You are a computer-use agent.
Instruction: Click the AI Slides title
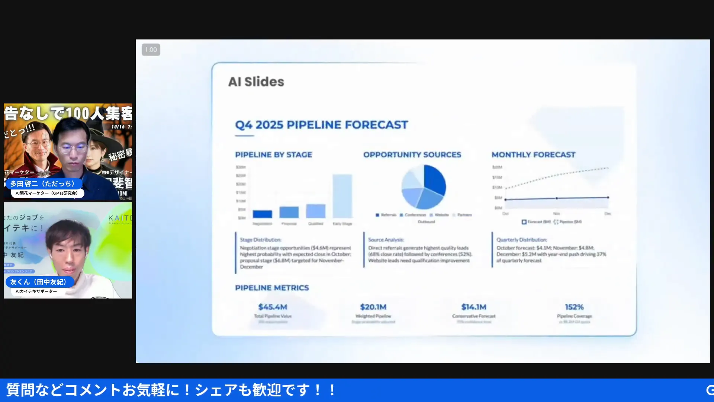(x=256, y=82)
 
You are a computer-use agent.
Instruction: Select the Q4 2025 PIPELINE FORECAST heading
(x=321, y=125)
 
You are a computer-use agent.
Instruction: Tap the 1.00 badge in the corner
(x=151, y=50)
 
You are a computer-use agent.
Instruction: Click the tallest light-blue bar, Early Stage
(x=342, y=196)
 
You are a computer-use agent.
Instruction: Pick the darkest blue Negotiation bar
(x=262, y=214)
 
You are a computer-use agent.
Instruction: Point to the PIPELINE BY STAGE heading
(x=273, y=155)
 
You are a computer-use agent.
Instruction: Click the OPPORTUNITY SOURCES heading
(x=412, y=155)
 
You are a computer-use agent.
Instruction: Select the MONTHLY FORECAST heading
(x=533, y=155)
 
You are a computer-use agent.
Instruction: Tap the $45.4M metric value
(x=273, y=307)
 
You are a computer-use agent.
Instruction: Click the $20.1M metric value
(x=373, y=307)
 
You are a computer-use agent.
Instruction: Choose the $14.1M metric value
(x=474, y=307)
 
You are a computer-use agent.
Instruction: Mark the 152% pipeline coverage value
(x=574, y=307)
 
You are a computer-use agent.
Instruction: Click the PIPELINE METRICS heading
(x=272, y=288)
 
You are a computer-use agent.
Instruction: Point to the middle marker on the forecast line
(x=557, y=198)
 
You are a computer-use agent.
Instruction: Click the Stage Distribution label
(x=260, y=240)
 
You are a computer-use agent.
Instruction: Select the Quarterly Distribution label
(x=521, y=240)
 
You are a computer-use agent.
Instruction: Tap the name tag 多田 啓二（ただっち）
(x=42, y=184)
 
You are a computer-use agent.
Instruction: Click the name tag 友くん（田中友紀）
(x=38, y=282)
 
